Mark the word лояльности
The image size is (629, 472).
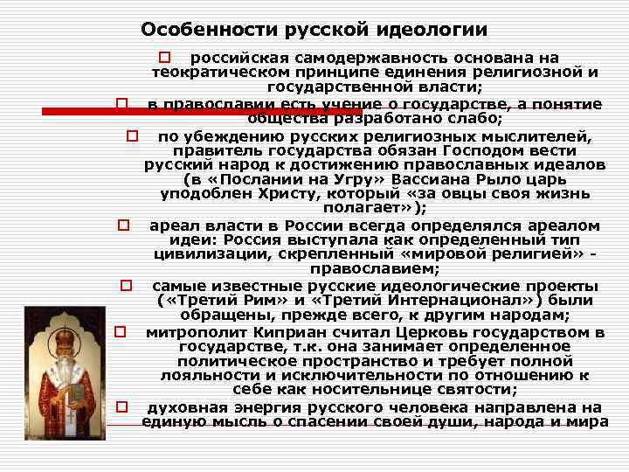203,375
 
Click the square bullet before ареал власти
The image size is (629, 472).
125,226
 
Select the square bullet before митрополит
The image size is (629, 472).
121,332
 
